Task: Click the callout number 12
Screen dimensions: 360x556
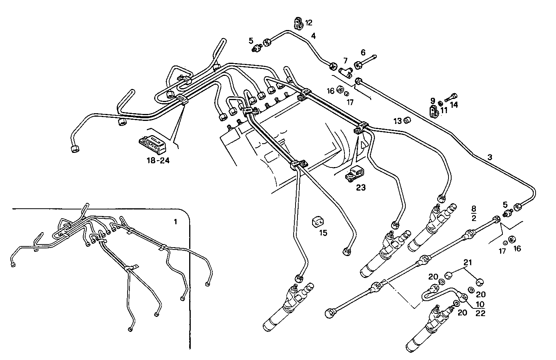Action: coord(309,23)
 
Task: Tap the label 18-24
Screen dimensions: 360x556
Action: coord(158,161)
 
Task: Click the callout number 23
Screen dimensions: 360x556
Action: coord(361,188)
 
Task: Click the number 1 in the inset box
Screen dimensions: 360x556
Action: coord(176,222)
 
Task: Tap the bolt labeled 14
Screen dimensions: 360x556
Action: coord(451,97)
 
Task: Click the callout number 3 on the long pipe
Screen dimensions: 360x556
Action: coord(489,157)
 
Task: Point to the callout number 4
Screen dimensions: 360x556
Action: coord(313,36)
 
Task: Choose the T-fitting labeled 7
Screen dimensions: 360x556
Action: coord(346,71)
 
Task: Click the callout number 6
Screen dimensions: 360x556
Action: coord(363,52)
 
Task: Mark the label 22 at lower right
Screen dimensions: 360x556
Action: coord(480,313)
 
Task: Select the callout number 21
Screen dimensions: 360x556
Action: coord(467,263)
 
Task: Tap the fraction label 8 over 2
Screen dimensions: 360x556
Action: coord(474,214)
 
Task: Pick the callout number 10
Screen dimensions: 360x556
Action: coord(480,304)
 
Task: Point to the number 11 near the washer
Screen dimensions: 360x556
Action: coord(444,110)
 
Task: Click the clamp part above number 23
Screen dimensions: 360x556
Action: coord(354,174)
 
